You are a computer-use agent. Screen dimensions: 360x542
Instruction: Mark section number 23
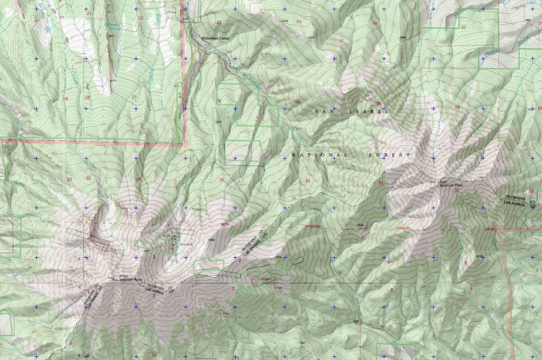219,23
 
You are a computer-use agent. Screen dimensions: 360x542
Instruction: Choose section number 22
140,18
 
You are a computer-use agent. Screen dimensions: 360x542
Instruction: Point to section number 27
134,96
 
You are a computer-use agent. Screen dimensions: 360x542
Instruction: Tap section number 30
378,103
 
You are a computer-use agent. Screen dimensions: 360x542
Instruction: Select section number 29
458,107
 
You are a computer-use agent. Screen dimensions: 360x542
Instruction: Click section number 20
463,28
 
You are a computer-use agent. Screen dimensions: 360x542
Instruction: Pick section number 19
374,23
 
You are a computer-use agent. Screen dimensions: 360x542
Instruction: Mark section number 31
381,183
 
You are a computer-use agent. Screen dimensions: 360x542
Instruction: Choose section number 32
456,190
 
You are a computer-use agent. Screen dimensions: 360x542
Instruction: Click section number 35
221,180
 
